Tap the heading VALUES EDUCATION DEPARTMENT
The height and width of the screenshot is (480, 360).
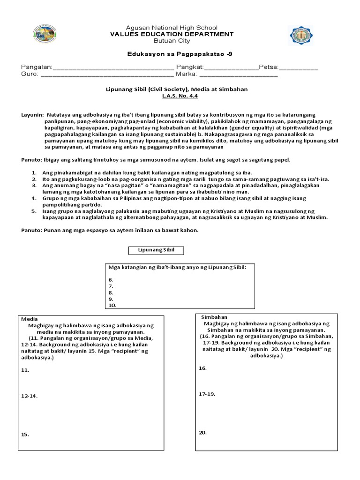pos(171,34)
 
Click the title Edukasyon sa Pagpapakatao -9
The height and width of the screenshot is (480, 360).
pos(180,54)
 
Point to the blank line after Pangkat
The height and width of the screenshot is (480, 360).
pos(230,68)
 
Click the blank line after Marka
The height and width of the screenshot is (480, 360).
pos(239,75)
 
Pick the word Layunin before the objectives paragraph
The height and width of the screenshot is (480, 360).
pos(32,114)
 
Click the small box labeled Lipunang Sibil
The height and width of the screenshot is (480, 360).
pos(156,250)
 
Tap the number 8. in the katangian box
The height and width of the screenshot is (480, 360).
pos(111,292)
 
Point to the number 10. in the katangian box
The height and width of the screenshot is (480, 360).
pos(112,305)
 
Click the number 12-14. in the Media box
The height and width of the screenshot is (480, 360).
pos(30,396)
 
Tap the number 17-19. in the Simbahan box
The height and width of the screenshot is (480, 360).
pos(207,394)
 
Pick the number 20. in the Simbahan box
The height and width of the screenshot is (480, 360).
pos(202,432)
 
